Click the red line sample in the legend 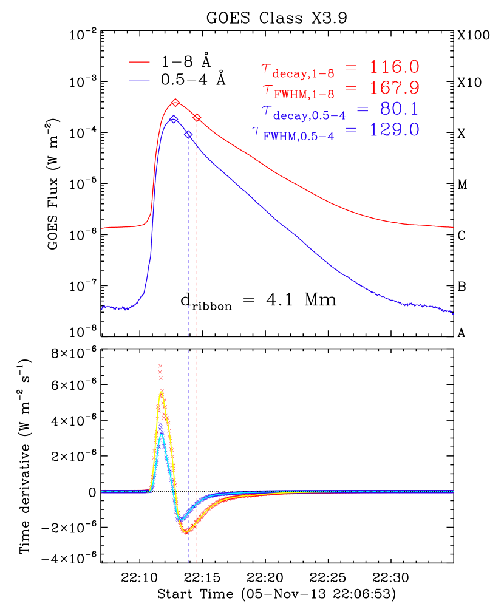(139, 62)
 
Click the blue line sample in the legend (139, 80)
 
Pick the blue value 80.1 (399, 109)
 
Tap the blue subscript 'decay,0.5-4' (310, 115)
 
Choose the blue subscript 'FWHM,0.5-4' (299, 137)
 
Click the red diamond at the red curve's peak (175, 103)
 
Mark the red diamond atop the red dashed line (197, 117)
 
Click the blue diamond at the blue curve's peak (174, 119)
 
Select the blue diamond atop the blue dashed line (188, 134)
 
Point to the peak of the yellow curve (161, 392)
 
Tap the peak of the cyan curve (162, 434)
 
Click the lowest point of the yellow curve (187, 532)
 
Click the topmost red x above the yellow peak (160, 365)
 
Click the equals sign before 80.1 (363, 109)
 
